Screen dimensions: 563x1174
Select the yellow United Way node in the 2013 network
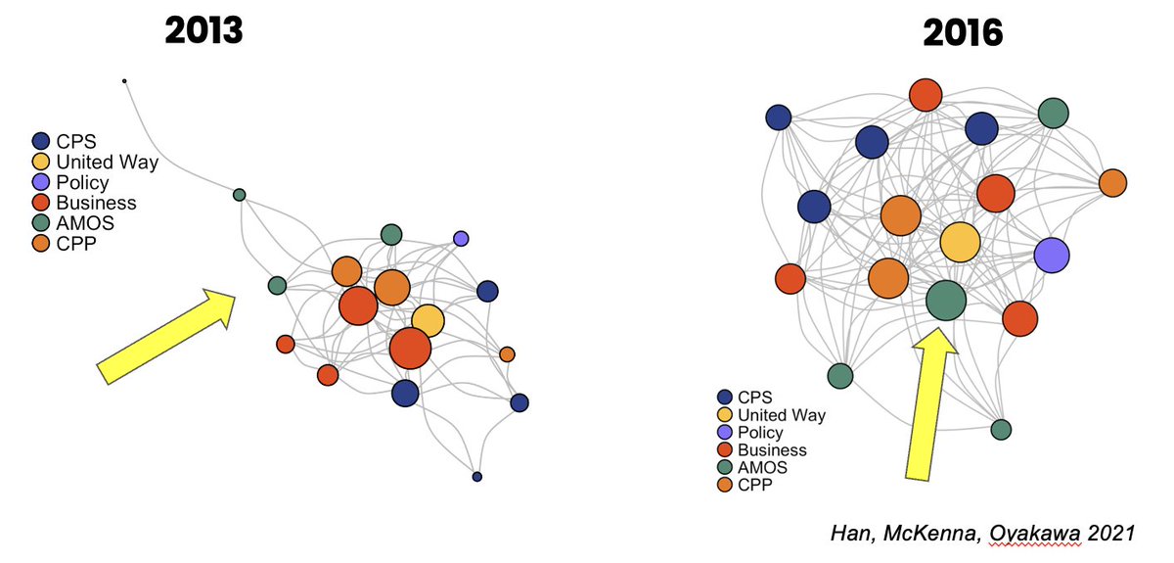[x=428, y=320]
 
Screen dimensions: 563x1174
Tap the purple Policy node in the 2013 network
[x=461, y=238]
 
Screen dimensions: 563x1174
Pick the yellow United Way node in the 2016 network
[x=960, y=242]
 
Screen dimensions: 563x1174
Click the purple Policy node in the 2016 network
[x=1052, y=256]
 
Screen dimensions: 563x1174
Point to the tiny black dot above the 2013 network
[x=124, y=81]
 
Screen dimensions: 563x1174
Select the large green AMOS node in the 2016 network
[x=946, y=301]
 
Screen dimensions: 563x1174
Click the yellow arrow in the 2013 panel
[x=167, y=334]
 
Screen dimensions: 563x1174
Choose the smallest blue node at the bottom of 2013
[x=477, y=477]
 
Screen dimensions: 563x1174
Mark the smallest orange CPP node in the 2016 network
[x=1112, y=183]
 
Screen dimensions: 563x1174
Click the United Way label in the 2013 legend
[x=106, y=163]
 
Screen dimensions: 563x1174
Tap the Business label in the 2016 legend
[x=772, y=450]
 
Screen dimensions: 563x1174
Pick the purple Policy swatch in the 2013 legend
[x=41, y=183]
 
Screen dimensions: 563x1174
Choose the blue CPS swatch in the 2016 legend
[x=724, y=398]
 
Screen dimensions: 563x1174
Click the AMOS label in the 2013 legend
[x=84, y=223]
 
